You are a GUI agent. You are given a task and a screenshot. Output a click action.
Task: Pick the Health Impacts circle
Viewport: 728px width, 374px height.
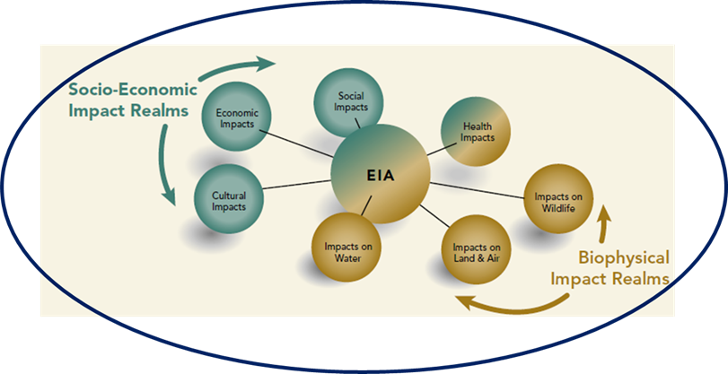[x=478, y=132]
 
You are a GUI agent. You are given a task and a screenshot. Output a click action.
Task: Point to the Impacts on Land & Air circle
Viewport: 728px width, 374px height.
[x=477, y=249]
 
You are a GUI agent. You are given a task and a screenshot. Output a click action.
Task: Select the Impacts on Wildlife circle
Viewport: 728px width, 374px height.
[x=560, y=203]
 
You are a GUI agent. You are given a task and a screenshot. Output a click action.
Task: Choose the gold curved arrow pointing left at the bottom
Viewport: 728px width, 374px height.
[x=512, y=304]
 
